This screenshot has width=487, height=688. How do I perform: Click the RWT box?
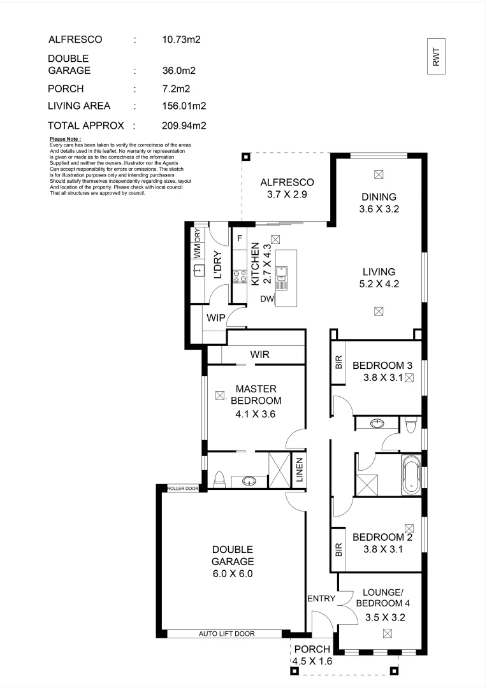[437, 57]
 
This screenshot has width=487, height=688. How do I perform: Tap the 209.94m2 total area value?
[184, 125]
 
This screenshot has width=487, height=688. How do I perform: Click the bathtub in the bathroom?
[412, 475]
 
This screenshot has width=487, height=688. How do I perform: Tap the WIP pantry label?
[215, 317]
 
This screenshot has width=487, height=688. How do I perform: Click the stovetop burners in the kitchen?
[240, 276]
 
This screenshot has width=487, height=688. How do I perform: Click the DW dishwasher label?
[267, 298]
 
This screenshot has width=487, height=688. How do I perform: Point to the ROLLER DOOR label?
[183, 489]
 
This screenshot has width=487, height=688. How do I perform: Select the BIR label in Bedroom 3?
[339, 364]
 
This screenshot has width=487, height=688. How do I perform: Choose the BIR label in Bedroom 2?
[339, 549]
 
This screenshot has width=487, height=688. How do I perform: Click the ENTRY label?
[321, 599]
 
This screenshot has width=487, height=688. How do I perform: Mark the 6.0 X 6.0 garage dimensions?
[233, 573]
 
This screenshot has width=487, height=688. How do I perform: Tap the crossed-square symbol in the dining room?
[379, 173]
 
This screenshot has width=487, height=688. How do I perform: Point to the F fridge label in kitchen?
[240, 239]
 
